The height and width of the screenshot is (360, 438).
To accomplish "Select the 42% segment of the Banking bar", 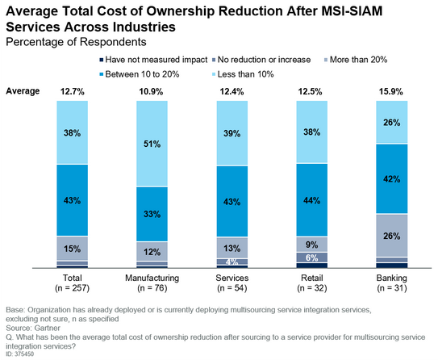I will [x=392, y=179].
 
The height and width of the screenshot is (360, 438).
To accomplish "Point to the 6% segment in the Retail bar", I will [x=311, y=257].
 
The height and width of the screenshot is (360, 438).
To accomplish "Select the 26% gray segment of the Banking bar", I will [x=392, y=235].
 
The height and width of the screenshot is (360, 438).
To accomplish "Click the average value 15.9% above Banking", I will [x=392, y=92].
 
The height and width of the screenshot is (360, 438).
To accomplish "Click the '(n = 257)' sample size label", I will [x=72, y=287].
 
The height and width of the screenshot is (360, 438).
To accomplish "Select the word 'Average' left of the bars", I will [x=23, y=91].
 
